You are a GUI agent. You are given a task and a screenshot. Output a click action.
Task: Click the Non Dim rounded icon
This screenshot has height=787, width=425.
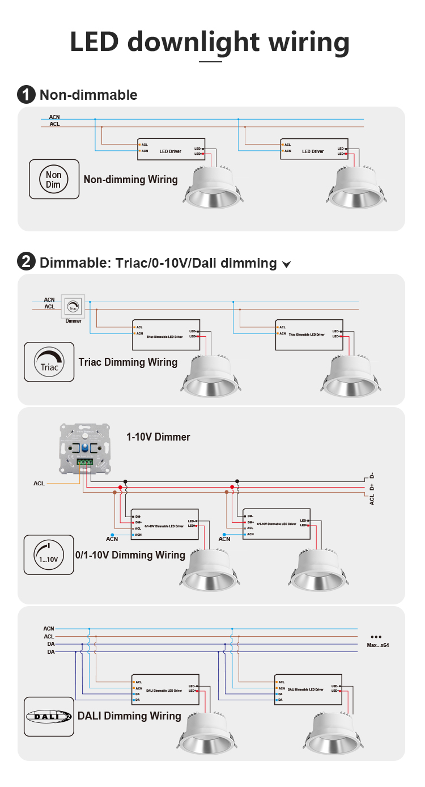pos(54,179)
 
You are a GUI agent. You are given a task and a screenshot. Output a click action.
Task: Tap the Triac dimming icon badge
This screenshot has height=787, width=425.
pos(49,362)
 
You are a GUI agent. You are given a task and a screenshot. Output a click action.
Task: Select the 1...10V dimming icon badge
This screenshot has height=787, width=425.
pos(49,555)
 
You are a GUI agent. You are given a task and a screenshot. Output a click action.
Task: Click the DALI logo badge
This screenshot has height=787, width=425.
pos(49,716)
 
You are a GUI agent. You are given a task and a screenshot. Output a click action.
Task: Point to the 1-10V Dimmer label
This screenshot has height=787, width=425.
pos(158,437)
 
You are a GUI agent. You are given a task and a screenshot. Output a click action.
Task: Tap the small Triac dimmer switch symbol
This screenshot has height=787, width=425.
pos(73,306)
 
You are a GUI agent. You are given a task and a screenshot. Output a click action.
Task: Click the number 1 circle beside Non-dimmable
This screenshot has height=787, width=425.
pos(26,95)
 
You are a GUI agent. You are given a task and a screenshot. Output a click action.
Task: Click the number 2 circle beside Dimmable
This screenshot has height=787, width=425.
pos(26,263)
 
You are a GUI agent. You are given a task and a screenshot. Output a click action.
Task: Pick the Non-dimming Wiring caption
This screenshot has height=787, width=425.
pos(130,180)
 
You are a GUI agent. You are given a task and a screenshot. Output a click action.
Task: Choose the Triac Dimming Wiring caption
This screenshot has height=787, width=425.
pos(127,362)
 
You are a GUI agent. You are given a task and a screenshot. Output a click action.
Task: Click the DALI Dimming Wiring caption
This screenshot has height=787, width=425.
pos(129,716)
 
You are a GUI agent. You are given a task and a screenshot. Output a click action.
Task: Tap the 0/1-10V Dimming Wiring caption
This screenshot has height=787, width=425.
pos(130,555)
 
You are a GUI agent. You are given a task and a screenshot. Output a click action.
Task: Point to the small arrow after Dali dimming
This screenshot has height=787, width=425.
pos(286,264)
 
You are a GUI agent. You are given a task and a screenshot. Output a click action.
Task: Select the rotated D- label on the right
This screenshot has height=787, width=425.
pos(372,476)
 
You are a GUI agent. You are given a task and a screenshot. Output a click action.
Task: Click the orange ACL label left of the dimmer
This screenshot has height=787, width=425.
pos(39,484)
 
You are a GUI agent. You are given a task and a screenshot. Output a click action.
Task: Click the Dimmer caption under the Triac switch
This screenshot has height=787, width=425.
pos(74,321)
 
